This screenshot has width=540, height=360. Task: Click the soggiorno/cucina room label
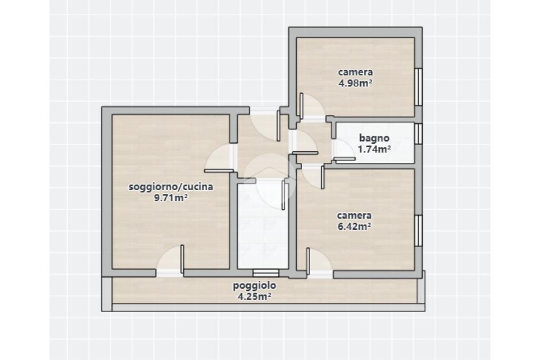(171, 187)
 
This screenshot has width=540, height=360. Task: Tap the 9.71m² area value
(171, 198)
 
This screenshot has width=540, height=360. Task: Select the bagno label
(374, 138)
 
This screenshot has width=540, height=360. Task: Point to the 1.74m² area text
(374, 149)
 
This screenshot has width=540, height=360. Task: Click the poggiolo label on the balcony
(255, 285)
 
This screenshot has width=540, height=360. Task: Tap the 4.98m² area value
(355, 83)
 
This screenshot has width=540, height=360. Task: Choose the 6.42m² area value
(354, 226)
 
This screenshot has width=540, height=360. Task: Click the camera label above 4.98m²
(355, 72)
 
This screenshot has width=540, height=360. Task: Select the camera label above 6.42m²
(354, 216)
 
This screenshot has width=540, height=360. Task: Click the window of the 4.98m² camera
(418, 87)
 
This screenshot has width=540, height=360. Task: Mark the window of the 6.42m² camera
(418, 230)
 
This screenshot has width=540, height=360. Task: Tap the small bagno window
(418, 133)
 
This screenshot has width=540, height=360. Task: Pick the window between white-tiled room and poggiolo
(266, 273)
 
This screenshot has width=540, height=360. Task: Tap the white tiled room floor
(263, 227)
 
